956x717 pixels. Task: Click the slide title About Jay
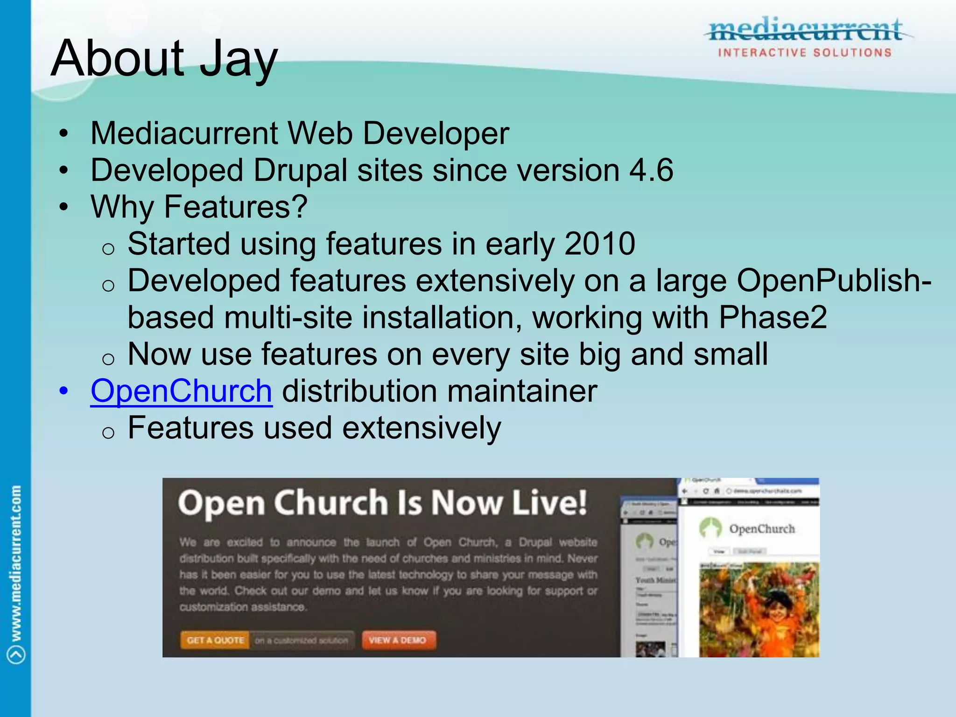coord(164,59)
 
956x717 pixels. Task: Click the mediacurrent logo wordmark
coord(806,31)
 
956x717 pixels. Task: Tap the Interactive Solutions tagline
coord(805,53)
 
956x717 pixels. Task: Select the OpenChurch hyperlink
coord(181,391)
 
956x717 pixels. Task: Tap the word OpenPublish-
coord(834,281)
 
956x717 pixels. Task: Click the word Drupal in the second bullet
coord(300,170)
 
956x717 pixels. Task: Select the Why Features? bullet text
coord(199,207)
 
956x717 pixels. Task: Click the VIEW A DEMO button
coord(398,640)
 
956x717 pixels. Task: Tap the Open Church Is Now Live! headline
coord(382,503)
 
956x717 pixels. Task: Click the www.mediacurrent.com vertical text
coord(16,563)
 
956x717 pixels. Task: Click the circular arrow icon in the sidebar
coord(16,654)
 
